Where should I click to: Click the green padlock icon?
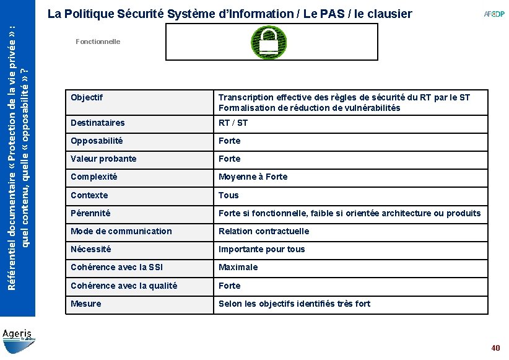pyautogui.click(x=268, y=42)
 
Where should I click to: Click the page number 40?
pyautogui.click(x=495, y=348)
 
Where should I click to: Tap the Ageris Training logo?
pyautogui.click(x=18, y=336)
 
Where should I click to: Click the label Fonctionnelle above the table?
pyautogui.click(x=98, y=42)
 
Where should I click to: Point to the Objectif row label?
pyautogui.click(x=87, y=97)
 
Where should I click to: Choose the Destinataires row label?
pyautogui.click(x=98, y=123)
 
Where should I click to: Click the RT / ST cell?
pyautogui.click(x=233, y=123)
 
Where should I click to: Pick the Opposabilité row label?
pyautogui.click(x=97, y=141)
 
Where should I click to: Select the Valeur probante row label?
pyautogui.click(x=103, y=159)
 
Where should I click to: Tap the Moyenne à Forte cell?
pyautogui.click(x=253, y=177)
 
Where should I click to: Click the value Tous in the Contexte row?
pyautogui.click(x=228, y=195)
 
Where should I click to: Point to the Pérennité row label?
pyautogui.click(x=90, y=213)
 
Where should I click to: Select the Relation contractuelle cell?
pyautogui.click(x=264, y=231)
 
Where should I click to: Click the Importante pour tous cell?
pyautogui.click(x=261, y=249)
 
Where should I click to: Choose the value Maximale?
pyautogui.click(x=238, y=267)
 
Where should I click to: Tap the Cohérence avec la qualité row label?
pyautogui.click(x=124, y=286)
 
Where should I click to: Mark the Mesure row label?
pyautogui.click(x=86, y=304)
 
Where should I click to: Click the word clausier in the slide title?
pyautogui.click(x=388, y=14)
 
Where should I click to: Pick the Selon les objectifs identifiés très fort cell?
pyautogui.click(x=294, y=304)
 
